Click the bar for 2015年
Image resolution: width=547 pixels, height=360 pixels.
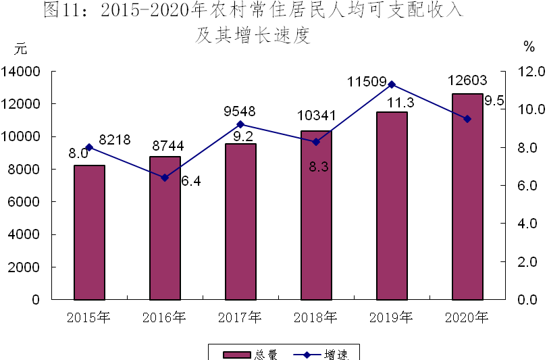[89, 232]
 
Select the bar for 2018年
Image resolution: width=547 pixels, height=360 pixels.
[317, 215]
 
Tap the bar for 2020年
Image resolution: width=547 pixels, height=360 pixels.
[467, 197]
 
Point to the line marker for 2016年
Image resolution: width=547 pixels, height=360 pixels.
[165, 178]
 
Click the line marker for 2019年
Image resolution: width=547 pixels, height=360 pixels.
[392, 85]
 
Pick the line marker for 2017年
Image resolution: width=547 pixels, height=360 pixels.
[240, 124]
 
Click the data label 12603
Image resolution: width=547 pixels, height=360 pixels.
[467, 80]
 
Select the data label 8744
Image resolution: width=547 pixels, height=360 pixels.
[168, 146]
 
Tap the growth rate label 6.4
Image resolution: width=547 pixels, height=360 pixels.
[191, 181]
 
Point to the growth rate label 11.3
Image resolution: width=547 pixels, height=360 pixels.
[401, 103]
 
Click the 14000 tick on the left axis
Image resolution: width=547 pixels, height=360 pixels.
[20, 72]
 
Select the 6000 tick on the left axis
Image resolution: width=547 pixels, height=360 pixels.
[24, 202]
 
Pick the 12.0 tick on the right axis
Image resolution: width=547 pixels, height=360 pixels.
[531, 72]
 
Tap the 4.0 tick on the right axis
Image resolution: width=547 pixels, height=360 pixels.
[527, 224]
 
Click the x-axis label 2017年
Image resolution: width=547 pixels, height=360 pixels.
[240, 317]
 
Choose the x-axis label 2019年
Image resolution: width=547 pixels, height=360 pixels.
[391, 317]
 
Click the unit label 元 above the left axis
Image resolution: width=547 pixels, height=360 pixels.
[20, 49]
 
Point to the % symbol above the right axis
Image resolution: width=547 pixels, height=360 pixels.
[529, 47]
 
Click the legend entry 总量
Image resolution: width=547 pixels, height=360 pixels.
[250, 355]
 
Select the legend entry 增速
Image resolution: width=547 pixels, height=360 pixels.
[321, 355]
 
